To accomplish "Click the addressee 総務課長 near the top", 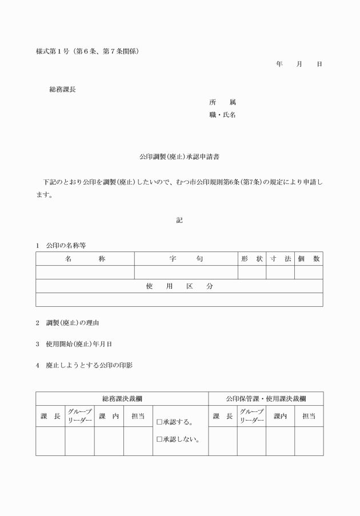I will pyautogui.click(x=62, y=90).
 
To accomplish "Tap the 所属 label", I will pyautogui.click(x=222, y=102).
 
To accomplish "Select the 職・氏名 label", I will pyautogui.click(x=222, y=115).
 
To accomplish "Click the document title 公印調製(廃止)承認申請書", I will pyautogui.click(x=179, y=156).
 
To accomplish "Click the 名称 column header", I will pyautogui.click(x=85, y=259).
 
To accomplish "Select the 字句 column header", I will pyautogui.click(x=186, y=259).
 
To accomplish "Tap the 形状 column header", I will pyautogui.click(x=251, y=259).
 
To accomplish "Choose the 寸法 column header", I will pyautogui.click(x=280, y=259).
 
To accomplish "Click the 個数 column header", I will pyautogui.click(x=309, y=259).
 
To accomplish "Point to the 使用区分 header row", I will pyautogui.click(x=179, y=286).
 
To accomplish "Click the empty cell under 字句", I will pyautogui.click(x=186, y=273).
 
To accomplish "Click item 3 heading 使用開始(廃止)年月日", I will pyautogui.click(x=79, y=344).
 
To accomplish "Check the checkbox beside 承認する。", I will pyautogui.click(x=159, y=423).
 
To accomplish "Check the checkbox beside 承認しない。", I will pyautogui.click(x=159, y=440).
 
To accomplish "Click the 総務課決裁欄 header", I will pyautogui.click(x=122, y=398).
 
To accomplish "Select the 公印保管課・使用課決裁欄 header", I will pyautogui.click(x=265, y=398).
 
